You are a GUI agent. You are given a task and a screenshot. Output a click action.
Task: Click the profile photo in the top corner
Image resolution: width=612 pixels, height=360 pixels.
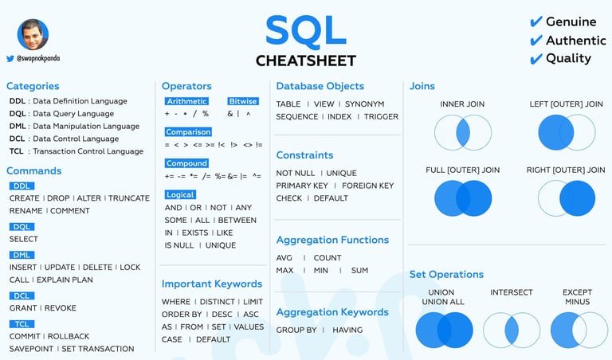(33, 34)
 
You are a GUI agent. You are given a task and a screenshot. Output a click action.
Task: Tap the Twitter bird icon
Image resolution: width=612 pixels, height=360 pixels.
(10, 58)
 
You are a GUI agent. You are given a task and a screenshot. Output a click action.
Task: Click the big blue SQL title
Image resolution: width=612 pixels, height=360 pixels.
(306, 30)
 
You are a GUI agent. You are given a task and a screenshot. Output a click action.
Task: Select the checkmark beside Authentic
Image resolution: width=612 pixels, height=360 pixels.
(536, 40)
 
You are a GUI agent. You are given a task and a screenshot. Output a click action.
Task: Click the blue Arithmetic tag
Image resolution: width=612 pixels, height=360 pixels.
(186, 101)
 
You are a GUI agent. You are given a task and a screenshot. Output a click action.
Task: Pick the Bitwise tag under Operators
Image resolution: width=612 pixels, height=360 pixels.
(243, 101)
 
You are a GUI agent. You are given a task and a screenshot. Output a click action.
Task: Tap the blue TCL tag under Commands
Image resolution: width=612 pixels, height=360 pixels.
(22, 324)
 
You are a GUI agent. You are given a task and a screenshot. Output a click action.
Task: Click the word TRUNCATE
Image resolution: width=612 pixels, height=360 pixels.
(129, 198)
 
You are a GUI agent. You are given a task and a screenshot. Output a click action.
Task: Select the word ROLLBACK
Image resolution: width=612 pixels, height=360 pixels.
(69, 336)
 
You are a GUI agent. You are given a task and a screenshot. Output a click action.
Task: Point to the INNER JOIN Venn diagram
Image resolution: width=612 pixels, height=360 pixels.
(463, 133)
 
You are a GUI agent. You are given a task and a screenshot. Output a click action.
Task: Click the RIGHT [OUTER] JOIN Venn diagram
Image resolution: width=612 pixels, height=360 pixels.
(567, 198)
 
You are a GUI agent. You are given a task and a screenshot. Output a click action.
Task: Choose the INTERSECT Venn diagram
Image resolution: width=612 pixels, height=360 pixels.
(512, 330)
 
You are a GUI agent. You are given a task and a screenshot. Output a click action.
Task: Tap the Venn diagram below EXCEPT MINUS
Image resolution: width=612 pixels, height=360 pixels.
(579, 330)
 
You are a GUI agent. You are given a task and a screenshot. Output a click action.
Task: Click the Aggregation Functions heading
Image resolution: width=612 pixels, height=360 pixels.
(332, 240)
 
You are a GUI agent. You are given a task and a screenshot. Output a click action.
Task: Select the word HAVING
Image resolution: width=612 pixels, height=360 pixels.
(347, 330)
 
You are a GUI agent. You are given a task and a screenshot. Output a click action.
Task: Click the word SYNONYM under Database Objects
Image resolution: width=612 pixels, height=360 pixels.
(364, 104)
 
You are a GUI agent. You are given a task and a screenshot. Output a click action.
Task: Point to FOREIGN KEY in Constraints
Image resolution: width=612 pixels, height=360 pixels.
(367, 186)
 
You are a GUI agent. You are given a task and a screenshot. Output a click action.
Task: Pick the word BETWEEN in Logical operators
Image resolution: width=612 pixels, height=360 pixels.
(237, 221)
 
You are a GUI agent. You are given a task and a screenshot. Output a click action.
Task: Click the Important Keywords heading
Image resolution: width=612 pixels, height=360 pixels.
(212, 284)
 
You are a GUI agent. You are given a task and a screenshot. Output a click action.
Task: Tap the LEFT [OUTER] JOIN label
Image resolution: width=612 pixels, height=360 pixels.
(566, 104)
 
